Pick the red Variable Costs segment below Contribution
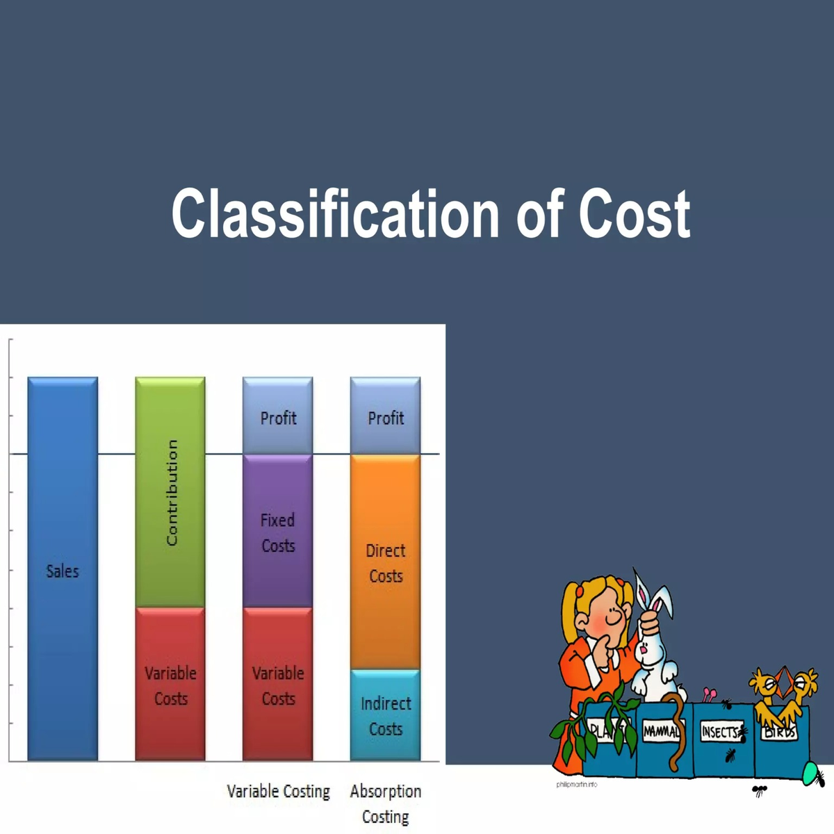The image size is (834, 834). point(170,685)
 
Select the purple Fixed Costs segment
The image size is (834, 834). point(278,532)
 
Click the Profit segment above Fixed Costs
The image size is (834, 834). point(278,417)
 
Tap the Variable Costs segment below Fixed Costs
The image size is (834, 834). point(278,685)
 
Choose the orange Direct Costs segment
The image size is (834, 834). point(386,562)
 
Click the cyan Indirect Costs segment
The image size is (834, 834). point(386,715)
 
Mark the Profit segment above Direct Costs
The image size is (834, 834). point(386,417)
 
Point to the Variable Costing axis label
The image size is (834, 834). point(278,791)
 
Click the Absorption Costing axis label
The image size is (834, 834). point(386,803)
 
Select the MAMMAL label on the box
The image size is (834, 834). point(661,731)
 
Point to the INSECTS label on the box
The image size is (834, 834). point(720,731)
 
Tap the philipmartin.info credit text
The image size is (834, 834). point(576,784)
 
